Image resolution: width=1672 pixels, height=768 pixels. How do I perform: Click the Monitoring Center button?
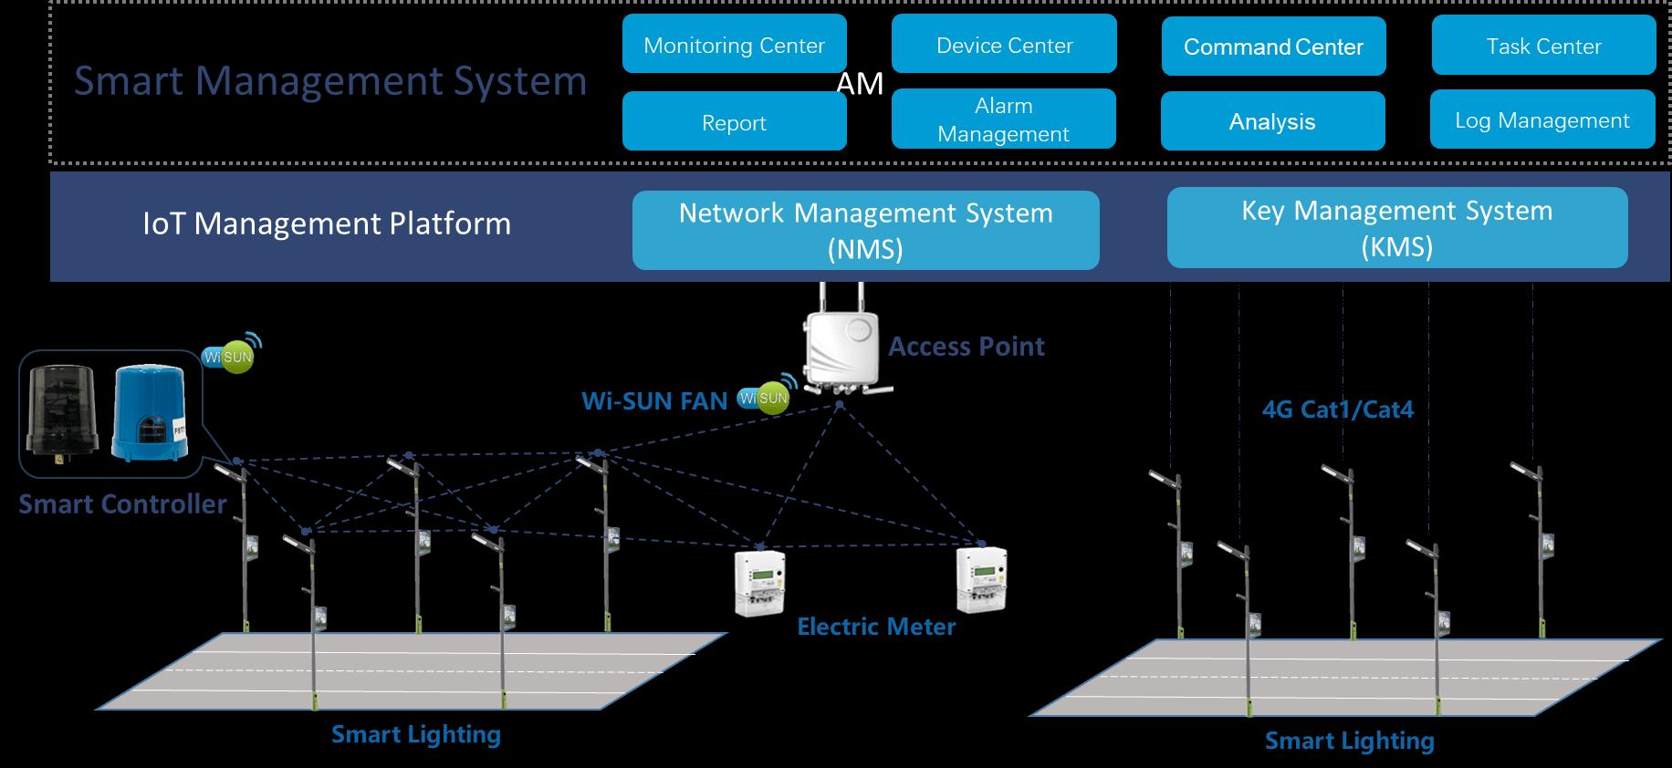pyautogui.click(x=735, y=44)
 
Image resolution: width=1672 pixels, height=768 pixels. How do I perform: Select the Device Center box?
pyautogui.click(x=1004, y=44)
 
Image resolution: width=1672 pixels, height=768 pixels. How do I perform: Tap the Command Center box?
pyautogui.click(x=1274, y=46)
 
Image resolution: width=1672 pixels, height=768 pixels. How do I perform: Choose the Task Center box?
pyautogui.click(x=1544, y=45)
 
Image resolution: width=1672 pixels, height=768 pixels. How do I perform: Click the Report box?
pyautogui.click(x=735, y=121)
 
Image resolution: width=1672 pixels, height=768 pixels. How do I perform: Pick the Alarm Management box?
pyautogui.click(x=1004, y=119)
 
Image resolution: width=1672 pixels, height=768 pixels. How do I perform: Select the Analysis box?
pyautogui.click(x=1273, y=121)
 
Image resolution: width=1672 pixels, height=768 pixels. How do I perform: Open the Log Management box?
pyautogui.click(x=1542, y=119)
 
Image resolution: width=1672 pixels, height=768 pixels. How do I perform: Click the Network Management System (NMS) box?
pyautogui.click(x=866, y=230)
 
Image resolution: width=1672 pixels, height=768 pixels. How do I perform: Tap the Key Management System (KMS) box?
pyautogui.click(x=1397, y=228)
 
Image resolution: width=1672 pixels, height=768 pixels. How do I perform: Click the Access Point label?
pyautogui.click(x=967, y=347)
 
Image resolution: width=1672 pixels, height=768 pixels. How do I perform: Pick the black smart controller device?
pyautogui.click(x=57, y=410)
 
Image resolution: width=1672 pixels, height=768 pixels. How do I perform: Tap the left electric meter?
pyautogui.click(x=760, y=582)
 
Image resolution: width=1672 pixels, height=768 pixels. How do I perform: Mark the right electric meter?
pyautogui.click(x=981, y=578)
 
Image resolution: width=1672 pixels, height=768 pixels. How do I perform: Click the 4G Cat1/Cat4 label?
pyautogui.click(x=1338, y=410)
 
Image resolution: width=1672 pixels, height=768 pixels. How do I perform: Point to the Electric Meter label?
pyautogui.click(x=876, y=627)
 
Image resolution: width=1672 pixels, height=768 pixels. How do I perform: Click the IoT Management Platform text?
pyautogui.click(x=327, y=223)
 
